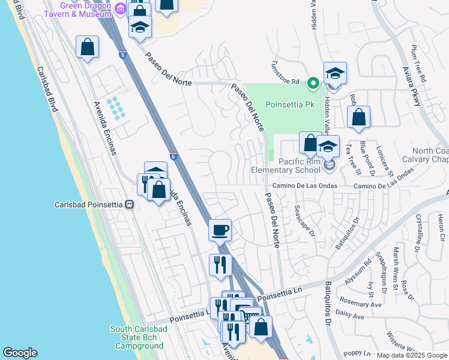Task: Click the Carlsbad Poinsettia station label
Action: [x=88, y=204]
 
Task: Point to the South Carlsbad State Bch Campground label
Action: [x=136, y=337]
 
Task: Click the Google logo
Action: [x=20, y=353]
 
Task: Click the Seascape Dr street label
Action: [x=304, y=221]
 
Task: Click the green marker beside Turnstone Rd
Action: [x=312, y=82]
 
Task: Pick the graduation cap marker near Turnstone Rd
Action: [x=335, y=74]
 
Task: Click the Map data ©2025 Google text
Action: [x=411, y=355]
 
